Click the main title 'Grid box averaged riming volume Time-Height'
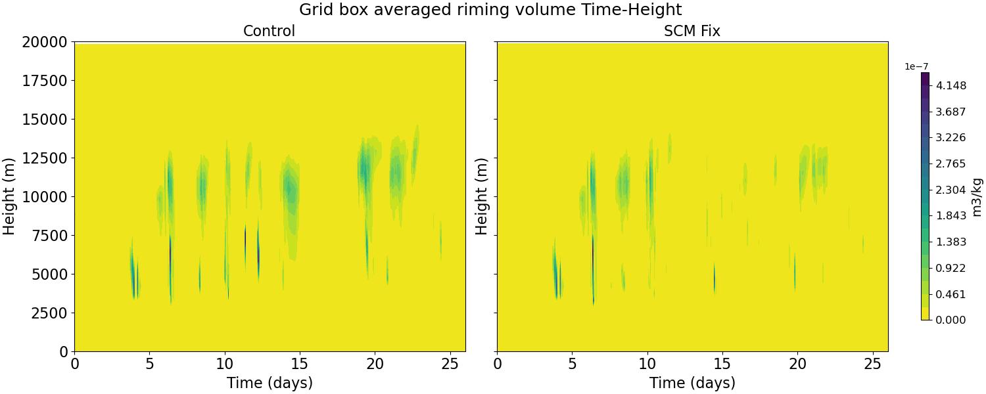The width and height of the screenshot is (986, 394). point(490,10)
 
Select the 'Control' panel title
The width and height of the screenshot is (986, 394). point(269,31)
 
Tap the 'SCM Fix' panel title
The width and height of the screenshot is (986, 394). point(692,31)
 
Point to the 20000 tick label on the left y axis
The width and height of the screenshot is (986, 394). point(45,42)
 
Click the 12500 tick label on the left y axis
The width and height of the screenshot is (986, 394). point(45,158)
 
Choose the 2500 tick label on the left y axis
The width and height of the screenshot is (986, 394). point(49,313)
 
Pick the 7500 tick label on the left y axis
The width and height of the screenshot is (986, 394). point(49,236)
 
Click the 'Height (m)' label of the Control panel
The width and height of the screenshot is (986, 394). point(9,196)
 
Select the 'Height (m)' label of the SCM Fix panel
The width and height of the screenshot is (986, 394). point(482,196)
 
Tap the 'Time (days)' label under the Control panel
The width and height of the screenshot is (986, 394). point(270,383)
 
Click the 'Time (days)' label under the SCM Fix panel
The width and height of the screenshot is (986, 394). point(692,383)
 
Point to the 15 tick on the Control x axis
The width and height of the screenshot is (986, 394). point(300,363)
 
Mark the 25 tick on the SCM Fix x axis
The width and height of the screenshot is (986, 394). point(873,363)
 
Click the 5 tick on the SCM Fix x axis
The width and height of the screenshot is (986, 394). point(572,363)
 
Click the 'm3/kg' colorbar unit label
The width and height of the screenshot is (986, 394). point(977,196)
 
